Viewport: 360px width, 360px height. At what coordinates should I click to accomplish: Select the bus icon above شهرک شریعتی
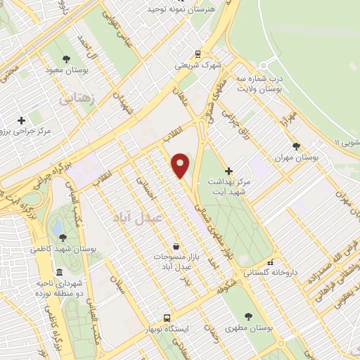(x=198, y=53)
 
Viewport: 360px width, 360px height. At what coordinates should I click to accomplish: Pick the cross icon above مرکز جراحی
(x=21, y=120)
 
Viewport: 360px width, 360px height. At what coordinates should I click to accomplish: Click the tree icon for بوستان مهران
(x=295, y=146)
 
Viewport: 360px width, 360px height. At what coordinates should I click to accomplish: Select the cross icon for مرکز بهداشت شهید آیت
(x=228, y=170)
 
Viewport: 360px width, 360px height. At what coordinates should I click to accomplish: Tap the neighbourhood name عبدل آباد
(x=137, y=218)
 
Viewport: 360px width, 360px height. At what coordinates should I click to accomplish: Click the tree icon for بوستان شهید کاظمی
(x=63, y=238)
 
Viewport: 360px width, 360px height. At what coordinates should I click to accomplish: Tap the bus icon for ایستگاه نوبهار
(x=167, y=318)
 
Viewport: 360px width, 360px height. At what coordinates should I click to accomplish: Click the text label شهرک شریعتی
(x=198, y=66)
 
